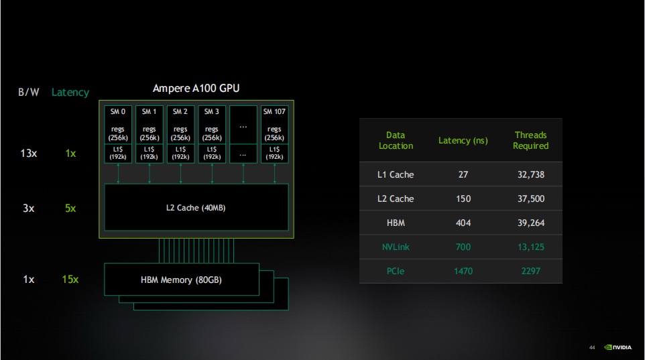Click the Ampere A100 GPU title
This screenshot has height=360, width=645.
pyautogui.click(x=196, y=88)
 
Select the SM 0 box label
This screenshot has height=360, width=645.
pyautogui.click(x=118, y=112)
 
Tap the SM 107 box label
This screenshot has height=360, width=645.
pyautogui.click(x=274, y=112)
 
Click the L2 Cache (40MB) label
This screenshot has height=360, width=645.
pyautogui.click(x=196, y=208)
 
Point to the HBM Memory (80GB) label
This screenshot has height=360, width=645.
pyautogui.click(x=180, y=280)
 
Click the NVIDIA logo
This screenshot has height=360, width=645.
pyautogui.click(x=618, y=347)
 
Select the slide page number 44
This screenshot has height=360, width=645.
pyautogui.click(x=592, y=347)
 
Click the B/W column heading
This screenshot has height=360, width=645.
pyautogui.click(x=29, y=93)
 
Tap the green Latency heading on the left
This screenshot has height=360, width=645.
pyautogui.click(x=70, y=93)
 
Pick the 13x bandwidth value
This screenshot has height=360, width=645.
pyautogui.click(x=28, y=154)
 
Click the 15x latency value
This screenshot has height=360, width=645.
pyautogui.click(x=70, y=279)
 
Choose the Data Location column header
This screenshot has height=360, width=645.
pyautogui.click(x=396, y=140)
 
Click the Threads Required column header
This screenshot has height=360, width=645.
pyautogui.click(x=530, y=140)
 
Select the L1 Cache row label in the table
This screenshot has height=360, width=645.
pyautogui.click(x=396, y=174)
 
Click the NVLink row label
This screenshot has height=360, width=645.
pyautogui.click(x=396, y=247)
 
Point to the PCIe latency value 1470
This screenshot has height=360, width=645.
pyautogui.click(x=463, y=271)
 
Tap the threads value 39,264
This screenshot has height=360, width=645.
pyautogui.click(x=530, y=223)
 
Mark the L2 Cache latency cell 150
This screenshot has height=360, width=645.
pyautogui.click(x=463, y=198)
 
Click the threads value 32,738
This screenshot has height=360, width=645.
pyautogui.click(x=530, y=174)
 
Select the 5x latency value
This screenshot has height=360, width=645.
pyautogui.click(x=70, y=208)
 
